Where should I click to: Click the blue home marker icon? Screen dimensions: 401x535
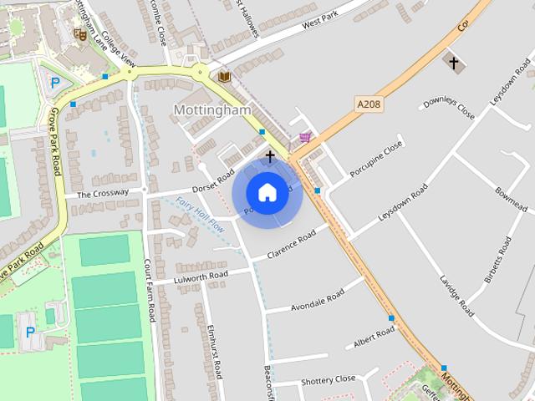(x=267, y=192)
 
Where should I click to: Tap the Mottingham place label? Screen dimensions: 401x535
(x=211, y=110)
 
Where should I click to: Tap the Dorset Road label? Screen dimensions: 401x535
(x=213, y=178)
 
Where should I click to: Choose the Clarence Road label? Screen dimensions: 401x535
(x=291, y=244)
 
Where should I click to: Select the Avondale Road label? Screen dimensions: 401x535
(x=318, y=301)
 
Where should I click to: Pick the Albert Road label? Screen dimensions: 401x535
(x=374, y=338)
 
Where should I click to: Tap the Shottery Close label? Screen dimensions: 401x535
(x=329, y=380)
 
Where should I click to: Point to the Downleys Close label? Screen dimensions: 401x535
(x=449, y=108)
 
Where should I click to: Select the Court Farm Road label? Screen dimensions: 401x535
(x=150, y=290)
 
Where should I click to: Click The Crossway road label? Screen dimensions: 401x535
(x=103, y=194)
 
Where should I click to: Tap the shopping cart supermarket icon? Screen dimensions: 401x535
(x=306, y=137)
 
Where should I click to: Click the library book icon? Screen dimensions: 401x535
(x=224, y=76)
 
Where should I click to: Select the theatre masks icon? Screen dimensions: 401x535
(x=80, y=34)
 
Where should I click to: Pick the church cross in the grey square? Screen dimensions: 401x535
(x=454, y=63)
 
